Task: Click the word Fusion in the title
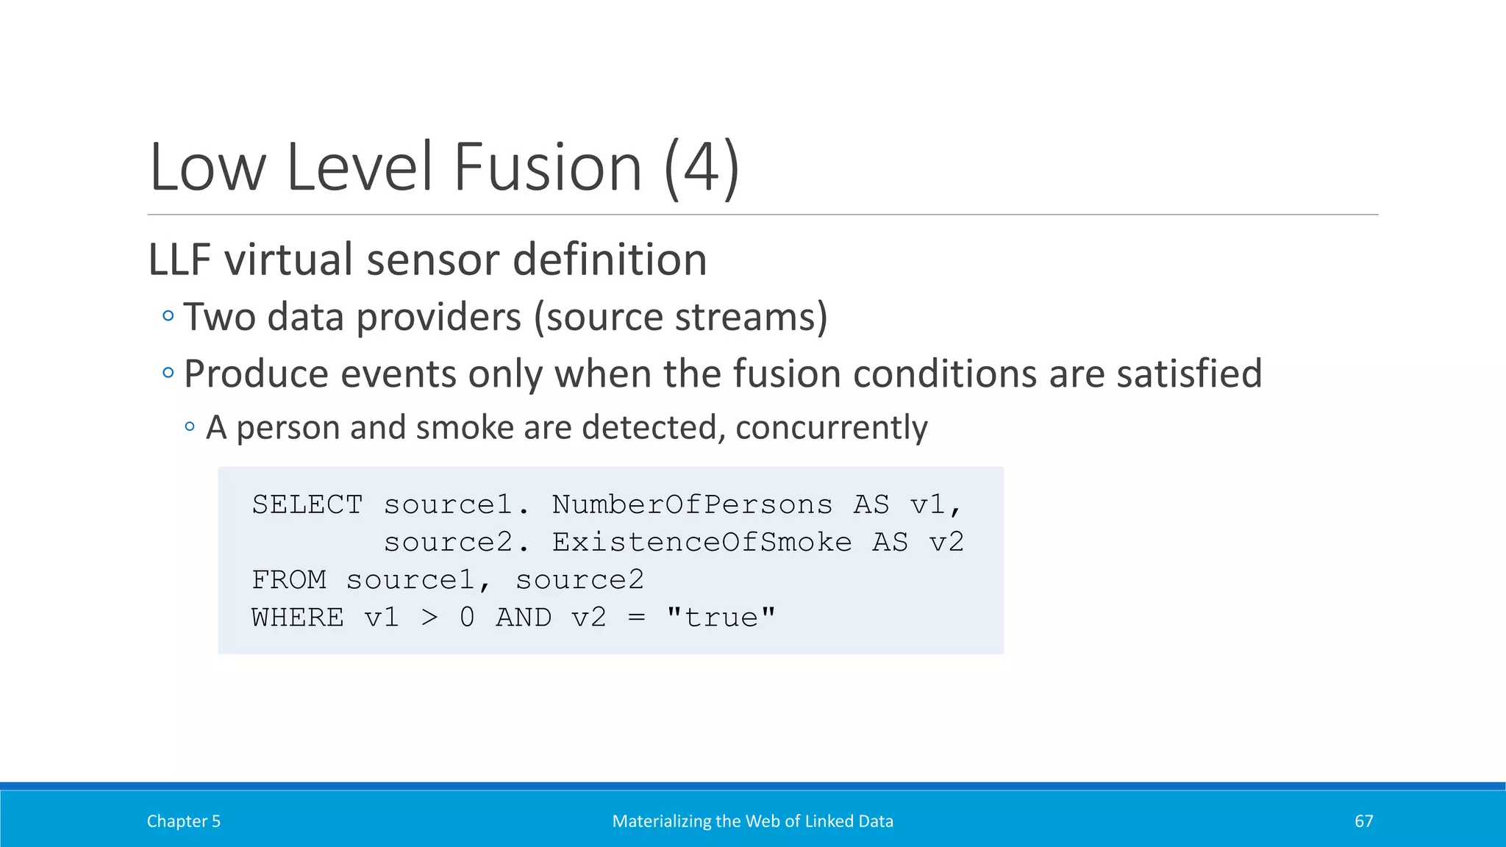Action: point(548,168)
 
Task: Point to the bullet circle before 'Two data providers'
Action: point(168,316)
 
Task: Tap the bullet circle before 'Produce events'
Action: point(168,373)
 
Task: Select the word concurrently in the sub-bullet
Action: point(831,427)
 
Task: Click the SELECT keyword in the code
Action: point(307,505)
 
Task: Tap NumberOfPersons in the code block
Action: point(692,505)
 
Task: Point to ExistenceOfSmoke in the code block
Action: point(702,543)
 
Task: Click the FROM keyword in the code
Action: point(289,580)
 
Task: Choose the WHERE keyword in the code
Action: point(298,618)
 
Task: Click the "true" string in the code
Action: point(721,618)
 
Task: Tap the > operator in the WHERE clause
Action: point(429,618)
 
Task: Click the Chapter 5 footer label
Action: point(184,821)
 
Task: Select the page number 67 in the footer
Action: point(1363,821)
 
